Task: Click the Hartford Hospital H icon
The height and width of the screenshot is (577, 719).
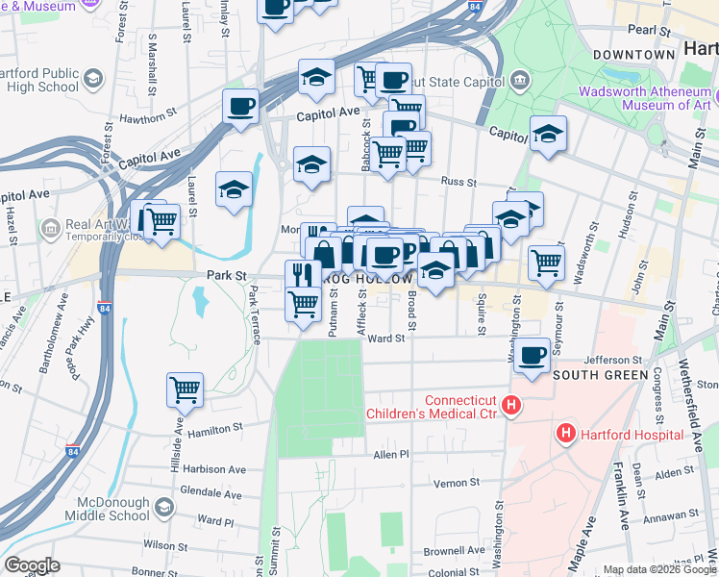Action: (x=564, y=435)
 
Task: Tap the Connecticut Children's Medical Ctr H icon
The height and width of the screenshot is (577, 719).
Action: (x=511, y=406)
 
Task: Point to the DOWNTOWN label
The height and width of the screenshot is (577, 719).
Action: (x=633, y=55)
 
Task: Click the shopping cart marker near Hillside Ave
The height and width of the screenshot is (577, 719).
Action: (x=185, y=390)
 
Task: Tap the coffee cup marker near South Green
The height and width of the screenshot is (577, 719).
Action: (x=531, y=355)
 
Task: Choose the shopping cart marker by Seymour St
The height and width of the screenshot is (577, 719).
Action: (x=546, y=261)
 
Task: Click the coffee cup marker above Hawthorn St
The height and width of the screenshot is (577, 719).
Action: (x=240, y=105)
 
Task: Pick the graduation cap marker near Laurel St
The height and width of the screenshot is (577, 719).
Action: (x=234, y=189)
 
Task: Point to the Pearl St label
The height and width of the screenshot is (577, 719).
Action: (x=651, y=31)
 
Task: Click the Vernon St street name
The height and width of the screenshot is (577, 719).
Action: (x=456, y=482)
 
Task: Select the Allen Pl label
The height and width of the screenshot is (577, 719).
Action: (x=391, y=454)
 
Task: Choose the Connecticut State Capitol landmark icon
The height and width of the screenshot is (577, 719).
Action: (x=519, y=78)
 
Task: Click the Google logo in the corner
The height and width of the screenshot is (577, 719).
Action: (x=32, y=565)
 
